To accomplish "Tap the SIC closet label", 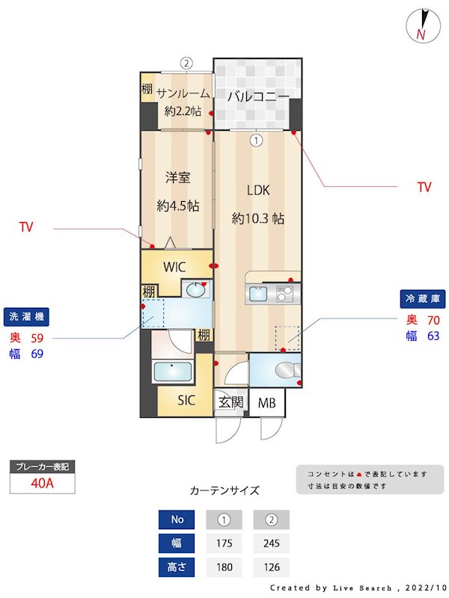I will pyautogui.click(x=186, y=401).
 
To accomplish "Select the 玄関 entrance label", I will pyautogui.click(x=230, y=403).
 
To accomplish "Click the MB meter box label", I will pyautogui.click(x=266, y=404).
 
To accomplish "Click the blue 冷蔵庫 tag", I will pyautogui.click(x=423, y=298).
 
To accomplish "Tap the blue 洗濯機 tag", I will pyautogui.click(x=26, y=316).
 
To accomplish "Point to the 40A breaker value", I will pyautogui.click(x=42, y=483).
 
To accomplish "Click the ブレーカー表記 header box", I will pyautogui.click(x=42, y=466).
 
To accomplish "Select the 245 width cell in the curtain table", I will pyautogui.click(x=271, y=543).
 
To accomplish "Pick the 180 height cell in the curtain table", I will pyautogui.click(x=223, y=567).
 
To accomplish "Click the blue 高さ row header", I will pyautogui.click(x=177, y=567).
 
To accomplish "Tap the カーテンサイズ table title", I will pyautogui.click(x=224, y=491).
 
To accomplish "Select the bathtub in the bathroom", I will pyautogui.click(x=174, y=372).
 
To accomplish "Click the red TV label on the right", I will pyautogui.click(x=424, y=188).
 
